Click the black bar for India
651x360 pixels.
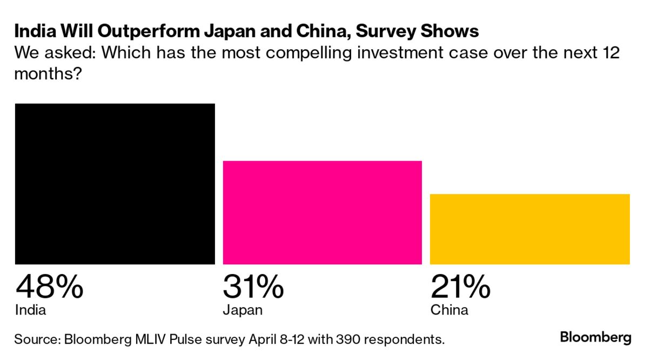[x=115, y=184]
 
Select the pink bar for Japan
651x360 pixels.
[x=322, y=212]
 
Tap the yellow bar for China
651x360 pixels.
[x=529, y=229]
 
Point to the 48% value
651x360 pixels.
[x=49, y=286]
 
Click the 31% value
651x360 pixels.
[x=253, y=286]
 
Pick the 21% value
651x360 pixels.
[x=460, y=286]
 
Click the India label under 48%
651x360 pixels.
[x=30, y=310]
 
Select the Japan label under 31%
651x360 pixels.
[x=243, y=310]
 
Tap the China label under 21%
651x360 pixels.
[x=449, y=310]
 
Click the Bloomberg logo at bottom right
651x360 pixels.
[x=595, y=338]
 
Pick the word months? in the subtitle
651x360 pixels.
[x=47, y=74]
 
